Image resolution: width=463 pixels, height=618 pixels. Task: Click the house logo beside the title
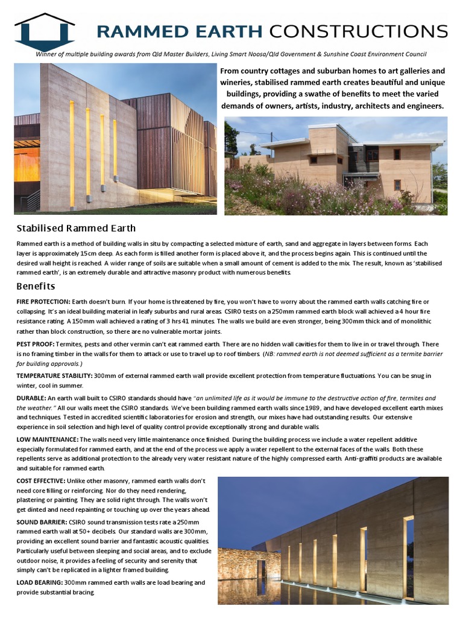(x=45, y=31)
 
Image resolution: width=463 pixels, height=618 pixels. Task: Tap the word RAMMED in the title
(x=137, y=31)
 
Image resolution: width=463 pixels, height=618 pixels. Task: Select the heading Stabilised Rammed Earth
(x=76, y=228)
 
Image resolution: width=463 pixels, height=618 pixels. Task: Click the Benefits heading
(x=36, y=285)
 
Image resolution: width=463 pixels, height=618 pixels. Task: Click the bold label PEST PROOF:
(x=36, y=343)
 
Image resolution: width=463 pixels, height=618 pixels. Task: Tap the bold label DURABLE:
(x=31, y=398)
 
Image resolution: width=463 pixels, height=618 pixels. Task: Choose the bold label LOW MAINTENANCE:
(x=47, y=439)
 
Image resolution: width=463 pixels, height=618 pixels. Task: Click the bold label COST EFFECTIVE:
(x=42, y=480)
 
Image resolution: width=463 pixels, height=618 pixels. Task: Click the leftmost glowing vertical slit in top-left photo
(x=72, y=151)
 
